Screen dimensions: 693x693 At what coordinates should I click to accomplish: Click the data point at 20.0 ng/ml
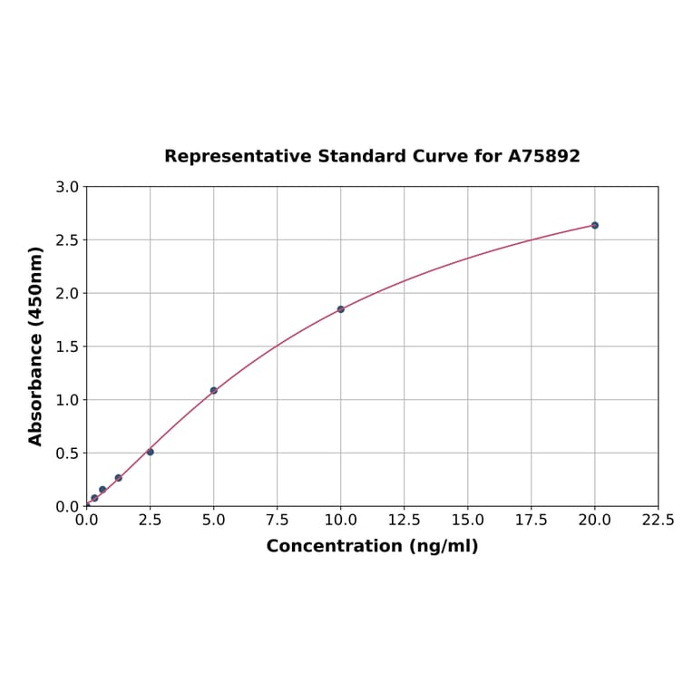tap(594, 225)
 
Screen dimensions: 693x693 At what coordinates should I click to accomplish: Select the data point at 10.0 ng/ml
tap(340, 309)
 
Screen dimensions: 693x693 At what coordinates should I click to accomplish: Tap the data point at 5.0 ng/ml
tap(213, 390)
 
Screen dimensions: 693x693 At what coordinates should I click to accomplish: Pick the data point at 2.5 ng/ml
tap(150, 452)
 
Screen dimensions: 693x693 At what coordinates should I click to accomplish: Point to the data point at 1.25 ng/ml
tap(118, 478)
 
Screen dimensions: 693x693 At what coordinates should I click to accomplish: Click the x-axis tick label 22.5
tap(658, 521)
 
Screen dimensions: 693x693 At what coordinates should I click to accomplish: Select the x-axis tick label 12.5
tap(404, 521)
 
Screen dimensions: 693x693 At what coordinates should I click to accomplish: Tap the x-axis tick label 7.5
tap(277, 521)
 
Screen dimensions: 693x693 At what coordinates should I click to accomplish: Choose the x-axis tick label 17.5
tap(531, 521)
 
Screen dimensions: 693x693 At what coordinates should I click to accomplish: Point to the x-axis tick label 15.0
tap(467, 521)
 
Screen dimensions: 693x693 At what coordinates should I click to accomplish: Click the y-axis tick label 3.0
tap(67, 187)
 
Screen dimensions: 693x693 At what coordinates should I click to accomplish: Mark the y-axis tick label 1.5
tap(67, 346)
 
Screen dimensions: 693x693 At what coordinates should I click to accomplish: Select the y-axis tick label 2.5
tap(67, 240)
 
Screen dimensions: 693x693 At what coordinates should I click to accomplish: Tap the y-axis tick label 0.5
tap(67, 453)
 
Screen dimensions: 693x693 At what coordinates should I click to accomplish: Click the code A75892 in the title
tap(543, 156)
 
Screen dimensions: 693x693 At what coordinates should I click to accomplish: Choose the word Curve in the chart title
tap(439, 156)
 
